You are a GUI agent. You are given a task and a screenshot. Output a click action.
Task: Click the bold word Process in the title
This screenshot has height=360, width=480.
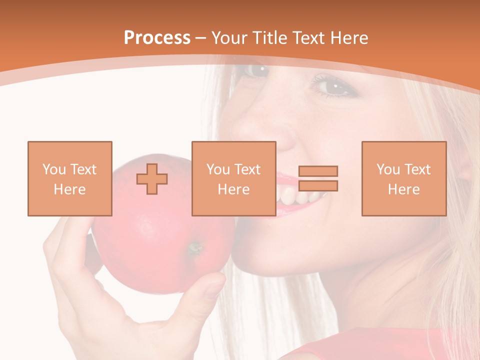pyautogui.click(x=157, y=38)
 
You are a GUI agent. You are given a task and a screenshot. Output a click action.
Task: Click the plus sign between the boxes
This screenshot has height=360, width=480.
pyautogui.click(x=152, y=179)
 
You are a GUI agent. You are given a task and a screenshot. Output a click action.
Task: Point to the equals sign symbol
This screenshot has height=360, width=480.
pyautogui.click(x=318, y=178)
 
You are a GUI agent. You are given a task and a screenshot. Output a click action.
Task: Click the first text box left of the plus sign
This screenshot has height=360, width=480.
pyautogui.click(x=70, y=178)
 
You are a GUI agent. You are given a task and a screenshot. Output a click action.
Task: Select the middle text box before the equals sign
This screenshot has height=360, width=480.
pyautogui.click(x=233, y=178)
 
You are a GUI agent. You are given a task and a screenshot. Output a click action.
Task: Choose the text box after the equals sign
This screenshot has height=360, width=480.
pyautogui.click(x=403, y=178)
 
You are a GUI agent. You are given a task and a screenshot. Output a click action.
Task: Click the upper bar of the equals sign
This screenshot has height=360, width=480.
pyautogui.click(x=318, y=171)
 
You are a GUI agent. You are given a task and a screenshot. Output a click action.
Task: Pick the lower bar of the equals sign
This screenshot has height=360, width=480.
pyautogui.click(x=318, y=186)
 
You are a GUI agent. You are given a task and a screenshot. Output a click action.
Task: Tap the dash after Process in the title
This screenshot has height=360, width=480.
pyautogui.click(x=201, y=38)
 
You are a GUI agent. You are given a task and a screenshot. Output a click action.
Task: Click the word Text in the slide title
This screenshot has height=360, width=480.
pyautogui.click(x=308, y=38)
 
